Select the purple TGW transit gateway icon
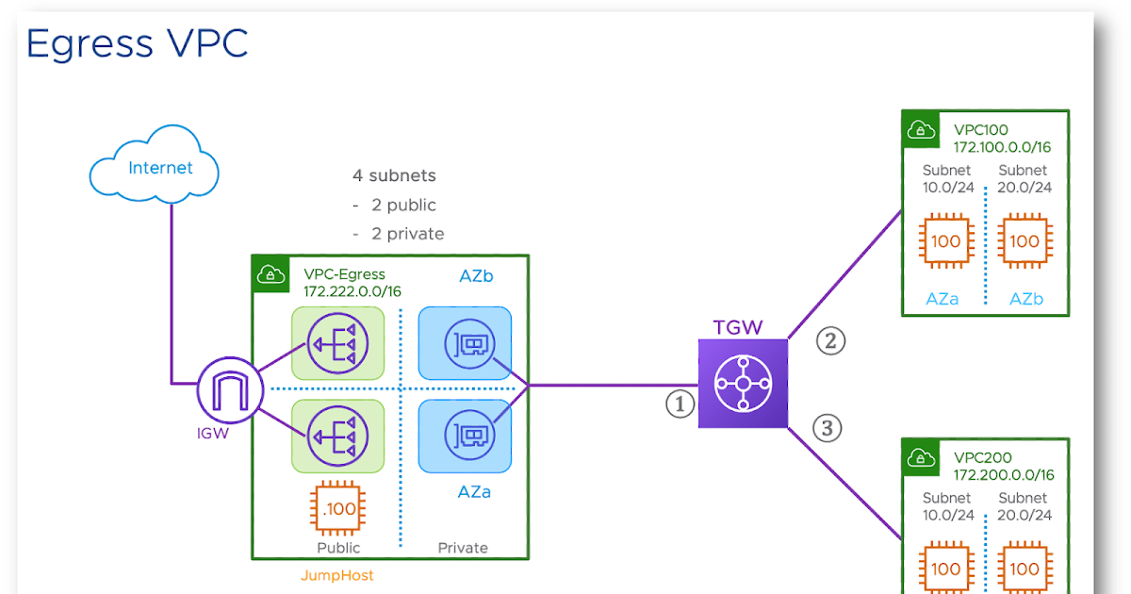pyautogui.click(x=742, y=384)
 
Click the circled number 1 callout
pyautogui.click(x=680, y=404)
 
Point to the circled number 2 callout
pyautogui.click(x=830, y=340)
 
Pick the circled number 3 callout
pyautogui.click(x=828, y=429)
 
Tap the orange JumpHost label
pyautogui.click(x=336, y=574)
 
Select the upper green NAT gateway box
pyautogui.click(x=338, y=344)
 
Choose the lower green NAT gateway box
pyautogui.click(x=338, y=436)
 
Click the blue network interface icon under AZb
pyautogui.click(x=465, y=344)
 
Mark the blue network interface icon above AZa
pyautogui.click(x=465, y=436)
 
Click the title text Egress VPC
pyautogui.click(x=137, y=43)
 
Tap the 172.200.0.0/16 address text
pyautogui.click(x=1003, y=474)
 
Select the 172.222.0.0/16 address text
pyautogui.click(x=352, y=291)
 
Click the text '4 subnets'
pyautogui.click(x=394, y=175)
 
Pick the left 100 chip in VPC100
pyautogui.click(x=945, y=241)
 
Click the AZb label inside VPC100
pyautogui.click(x=1026, y=299)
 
